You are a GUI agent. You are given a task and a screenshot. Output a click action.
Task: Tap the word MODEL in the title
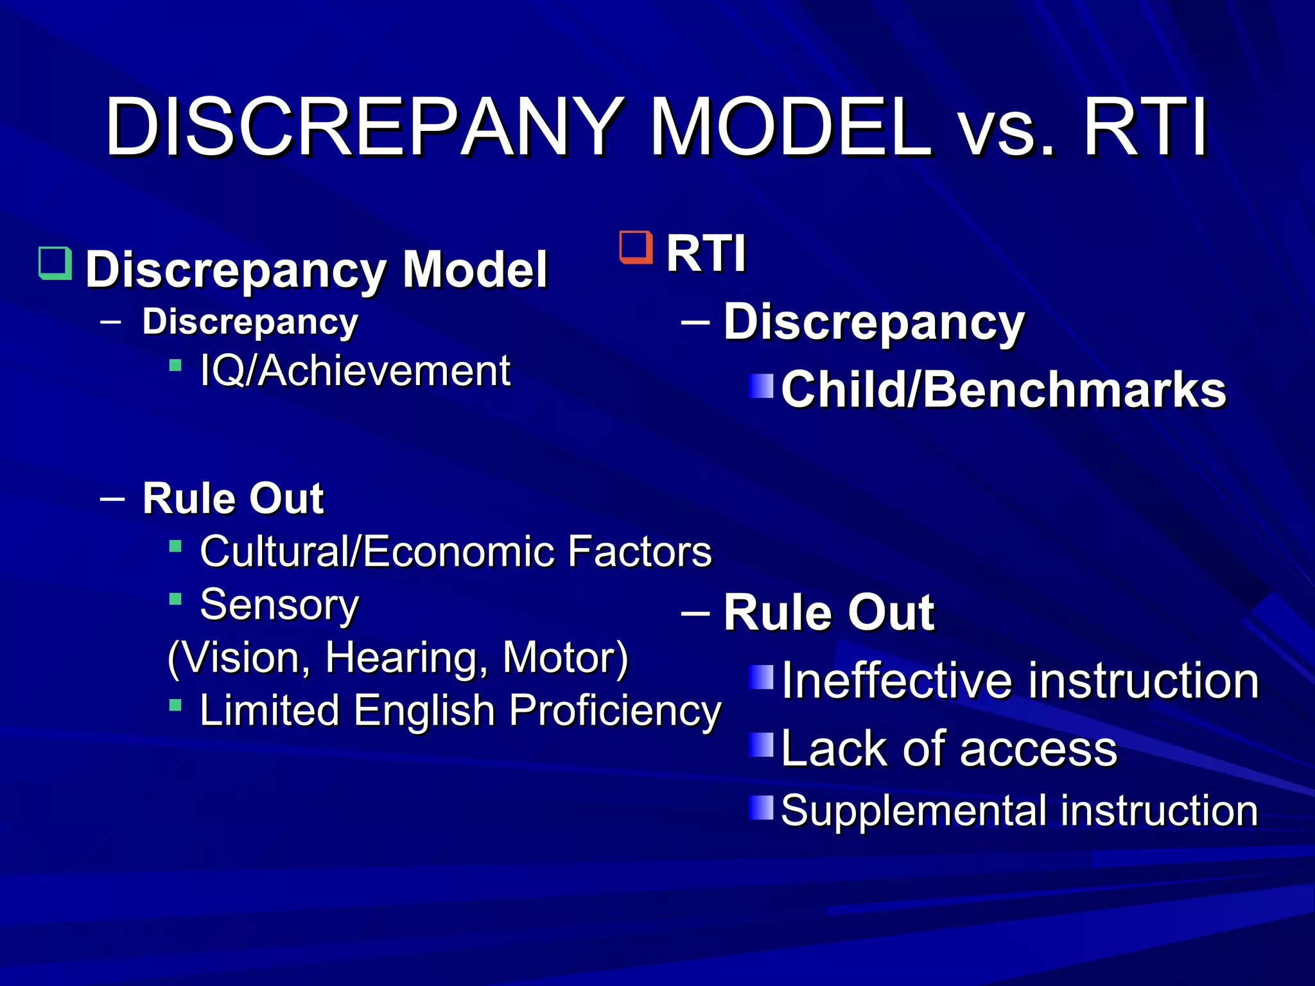(x=790, y=126)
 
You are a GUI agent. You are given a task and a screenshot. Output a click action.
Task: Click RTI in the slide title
(x=1146, y=126)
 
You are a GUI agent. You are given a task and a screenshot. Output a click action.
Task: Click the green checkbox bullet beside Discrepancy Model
(x=55, y=263)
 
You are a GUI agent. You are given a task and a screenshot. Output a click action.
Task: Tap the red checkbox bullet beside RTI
(x=636, y=248)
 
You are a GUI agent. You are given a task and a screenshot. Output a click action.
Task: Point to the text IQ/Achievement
(x=355, y=371)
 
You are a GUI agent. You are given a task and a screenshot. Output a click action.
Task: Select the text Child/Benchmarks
(x=1004, y=390)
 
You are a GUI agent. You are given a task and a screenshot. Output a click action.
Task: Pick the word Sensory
(x=279, y=605)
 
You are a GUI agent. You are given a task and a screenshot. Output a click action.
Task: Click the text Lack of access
(x=949, y=748)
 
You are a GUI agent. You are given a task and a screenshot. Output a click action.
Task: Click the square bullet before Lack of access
(x=762, y=745)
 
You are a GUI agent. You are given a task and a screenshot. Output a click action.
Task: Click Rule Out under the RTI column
(x=828, y=612)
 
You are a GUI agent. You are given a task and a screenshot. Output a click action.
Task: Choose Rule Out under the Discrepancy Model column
(x=233, y=498)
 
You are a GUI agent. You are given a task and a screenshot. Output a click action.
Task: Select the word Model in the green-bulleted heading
(x=475, y=270)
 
